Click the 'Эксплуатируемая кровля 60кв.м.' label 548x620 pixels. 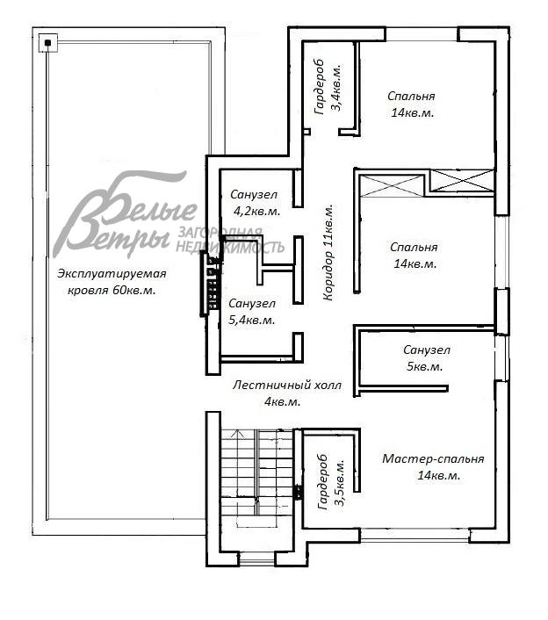[x=112, y=282]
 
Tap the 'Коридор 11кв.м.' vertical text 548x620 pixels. [x=328, y=253]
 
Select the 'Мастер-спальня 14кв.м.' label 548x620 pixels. [x=433, y=467]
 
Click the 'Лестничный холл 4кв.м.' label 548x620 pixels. [x=286, y=393]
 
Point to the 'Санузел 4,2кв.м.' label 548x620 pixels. [x=255, y=203]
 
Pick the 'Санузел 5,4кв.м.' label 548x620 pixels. [x=252, y=312]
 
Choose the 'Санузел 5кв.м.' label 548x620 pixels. [x=426, y=357]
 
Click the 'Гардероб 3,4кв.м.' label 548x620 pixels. [x=328, y=87]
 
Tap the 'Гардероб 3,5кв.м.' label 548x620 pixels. [x=331, y=481]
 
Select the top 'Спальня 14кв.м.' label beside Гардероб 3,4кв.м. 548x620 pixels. [x=412, y=104]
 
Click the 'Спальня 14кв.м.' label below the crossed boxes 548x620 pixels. [x=414, y=256]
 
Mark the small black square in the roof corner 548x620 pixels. [x=48, y=43]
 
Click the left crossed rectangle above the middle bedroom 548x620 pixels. [x=392, y=185]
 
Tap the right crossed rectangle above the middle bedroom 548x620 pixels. [x=461, y=182]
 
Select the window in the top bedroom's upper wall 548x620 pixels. [x=422, y=34]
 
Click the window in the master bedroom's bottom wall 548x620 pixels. [x=415, y=536]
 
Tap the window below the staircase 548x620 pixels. [x=257, y=559]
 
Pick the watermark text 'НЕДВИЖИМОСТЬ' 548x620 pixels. [x=230, y=248]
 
